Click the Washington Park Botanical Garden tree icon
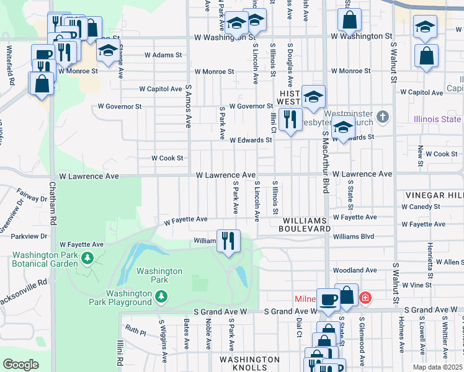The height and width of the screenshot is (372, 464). point(87,257)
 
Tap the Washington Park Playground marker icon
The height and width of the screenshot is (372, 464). point(161,297)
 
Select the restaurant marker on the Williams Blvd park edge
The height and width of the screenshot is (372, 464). point(228,241)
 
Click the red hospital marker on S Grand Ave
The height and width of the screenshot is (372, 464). point(365,298)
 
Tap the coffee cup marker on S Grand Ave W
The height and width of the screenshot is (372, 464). point(328,299)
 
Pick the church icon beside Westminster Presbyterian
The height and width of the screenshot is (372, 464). point(383,116)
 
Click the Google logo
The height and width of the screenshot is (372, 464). point(21,365)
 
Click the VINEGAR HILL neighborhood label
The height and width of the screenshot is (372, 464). point(434,195)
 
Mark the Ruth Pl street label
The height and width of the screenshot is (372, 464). point(135,330)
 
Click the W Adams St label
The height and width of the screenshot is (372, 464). point(163,55)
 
